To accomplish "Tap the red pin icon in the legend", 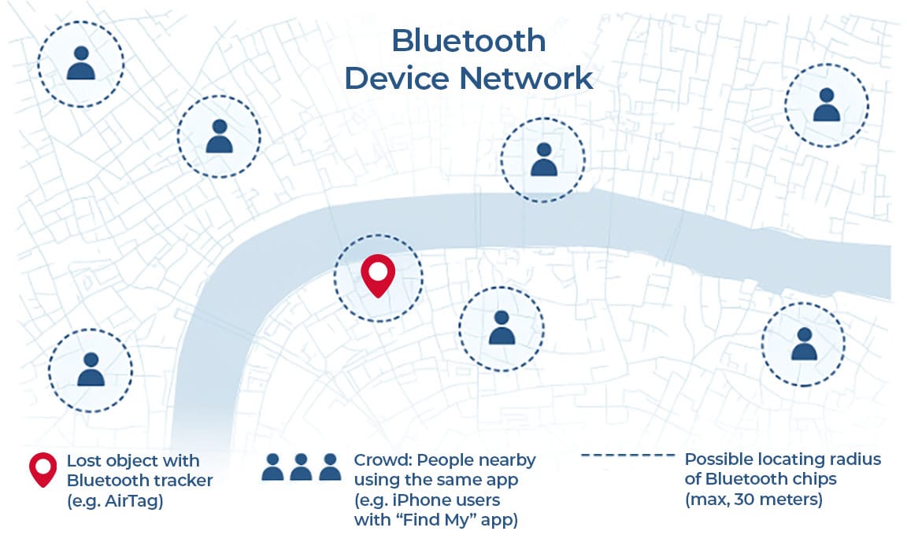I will coord(43,469).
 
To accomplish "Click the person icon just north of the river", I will coord(543,159).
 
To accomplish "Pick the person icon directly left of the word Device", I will coord(219,137).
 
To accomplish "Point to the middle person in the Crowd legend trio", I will coord(301,467).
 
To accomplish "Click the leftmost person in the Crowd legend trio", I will coord(272,467).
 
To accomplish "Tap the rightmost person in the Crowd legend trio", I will coord(330,467).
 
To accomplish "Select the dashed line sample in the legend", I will coord(627,456).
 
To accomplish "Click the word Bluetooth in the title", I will coord(468,41).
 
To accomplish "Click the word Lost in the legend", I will coord(81,460).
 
